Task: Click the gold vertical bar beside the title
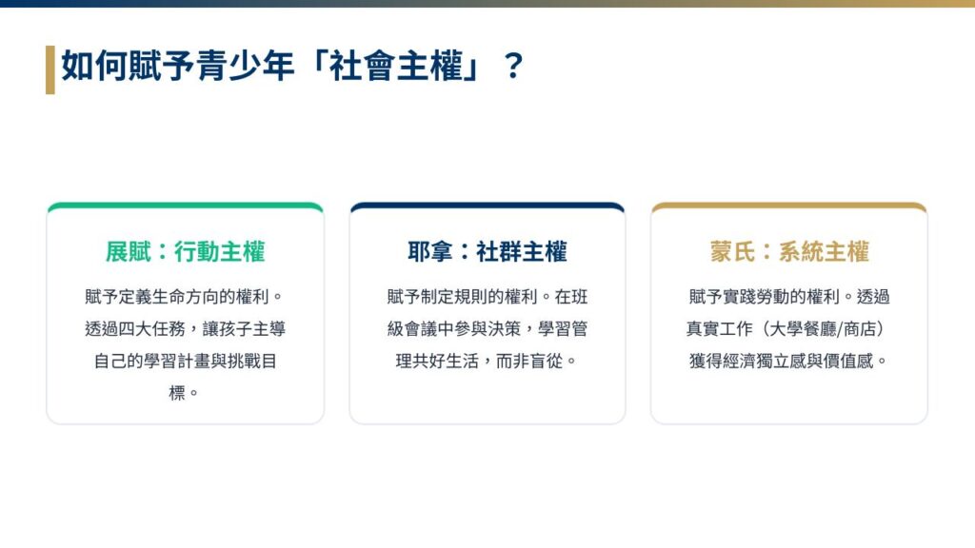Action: click(x=50, y=69)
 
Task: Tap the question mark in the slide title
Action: click(x=513, y=67)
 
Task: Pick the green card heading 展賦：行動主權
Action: click(x=186, y=251)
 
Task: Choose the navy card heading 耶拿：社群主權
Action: click(x=487, y=251)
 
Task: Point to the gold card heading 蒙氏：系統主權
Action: click(x=789, y=251)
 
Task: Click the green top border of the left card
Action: click(x=186, y=206)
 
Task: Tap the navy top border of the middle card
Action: click(x=487, y=206)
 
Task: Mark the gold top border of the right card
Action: click(x=789, y=206)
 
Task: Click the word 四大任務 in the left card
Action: click(x=152, y=328)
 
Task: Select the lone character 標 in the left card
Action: click(x=177, y=393)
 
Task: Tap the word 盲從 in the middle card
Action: click(x=546, y=361)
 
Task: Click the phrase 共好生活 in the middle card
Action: click(x=446, y=361)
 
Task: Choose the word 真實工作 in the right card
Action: click(x=720, y=328)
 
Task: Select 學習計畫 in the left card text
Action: click(x=177, y=361)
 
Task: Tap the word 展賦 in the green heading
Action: click(x=129, y=251)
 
